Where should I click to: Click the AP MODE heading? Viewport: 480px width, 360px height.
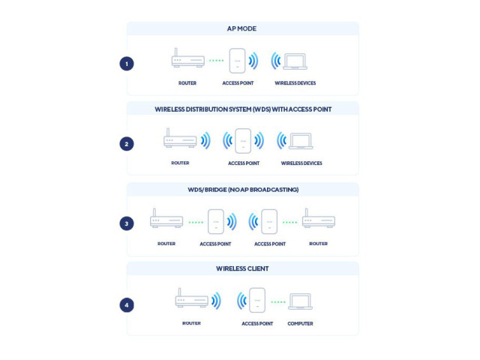point(241,28)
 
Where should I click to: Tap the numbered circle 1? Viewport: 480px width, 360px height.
point(127,64)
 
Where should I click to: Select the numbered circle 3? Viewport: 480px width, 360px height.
point(127,223)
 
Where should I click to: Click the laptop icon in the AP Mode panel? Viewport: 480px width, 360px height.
point(295,61)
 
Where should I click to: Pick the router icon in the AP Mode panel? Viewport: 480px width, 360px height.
point(188,58)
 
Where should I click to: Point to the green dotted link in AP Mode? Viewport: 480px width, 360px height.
point(217,61)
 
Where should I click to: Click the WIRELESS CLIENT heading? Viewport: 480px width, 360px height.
point(242,268)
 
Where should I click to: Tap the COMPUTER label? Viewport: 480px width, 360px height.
point(300,323)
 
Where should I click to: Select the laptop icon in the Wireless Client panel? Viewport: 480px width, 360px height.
point(300,301)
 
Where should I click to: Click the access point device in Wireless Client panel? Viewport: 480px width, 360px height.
point(257,300)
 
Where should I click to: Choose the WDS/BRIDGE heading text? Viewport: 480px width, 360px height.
point(243,190)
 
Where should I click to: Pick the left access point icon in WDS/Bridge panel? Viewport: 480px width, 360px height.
point(216,222)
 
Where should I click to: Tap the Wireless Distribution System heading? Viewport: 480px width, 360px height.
point(243,109)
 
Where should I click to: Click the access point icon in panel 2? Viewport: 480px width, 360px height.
point(243,141)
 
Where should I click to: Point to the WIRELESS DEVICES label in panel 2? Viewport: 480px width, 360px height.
point(301,163)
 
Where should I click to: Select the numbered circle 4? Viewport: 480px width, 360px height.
point(127,305)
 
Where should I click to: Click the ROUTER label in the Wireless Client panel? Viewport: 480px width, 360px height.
point(191,323)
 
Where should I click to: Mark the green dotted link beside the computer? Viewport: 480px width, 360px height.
point(278,302)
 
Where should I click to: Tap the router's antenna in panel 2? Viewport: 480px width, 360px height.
point(168,132)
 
